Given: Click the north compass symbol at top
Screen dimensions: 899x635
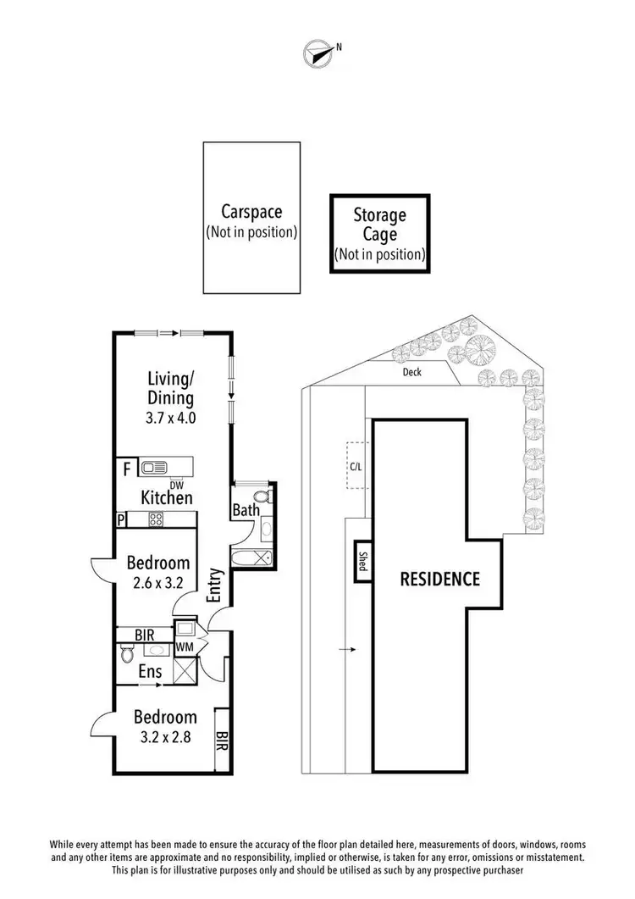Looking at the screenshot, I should tap(318, 53).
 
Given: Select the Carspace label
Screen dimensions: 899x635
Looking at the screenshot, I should tap(251, 212).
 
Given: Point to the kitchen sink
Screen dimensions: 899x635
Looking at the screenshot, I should tap(154, 467).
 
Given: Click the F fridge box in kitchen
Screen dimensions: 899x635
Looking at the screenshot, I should tap(126, 468).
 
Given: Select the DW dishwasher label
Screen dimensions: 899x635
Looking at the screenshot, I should tap(176, 484).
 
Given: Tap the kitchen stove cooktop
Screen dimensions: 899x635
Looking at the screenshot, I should tap(156, 519).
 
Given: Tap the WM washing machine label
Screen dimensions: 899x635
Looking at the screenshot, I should tap(185, 647).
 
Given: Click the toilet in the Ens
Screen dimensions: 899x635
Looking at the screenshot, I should tap(127, 653).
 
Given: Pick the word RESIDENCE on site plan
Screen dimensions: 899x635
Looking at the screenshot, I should tap(439, 580).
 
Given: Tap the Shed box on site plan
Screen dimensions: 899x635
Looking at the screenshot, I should tap(362, 561).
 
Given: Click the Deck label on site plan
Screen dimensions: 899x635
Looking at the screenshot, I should tap(412, 371).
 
